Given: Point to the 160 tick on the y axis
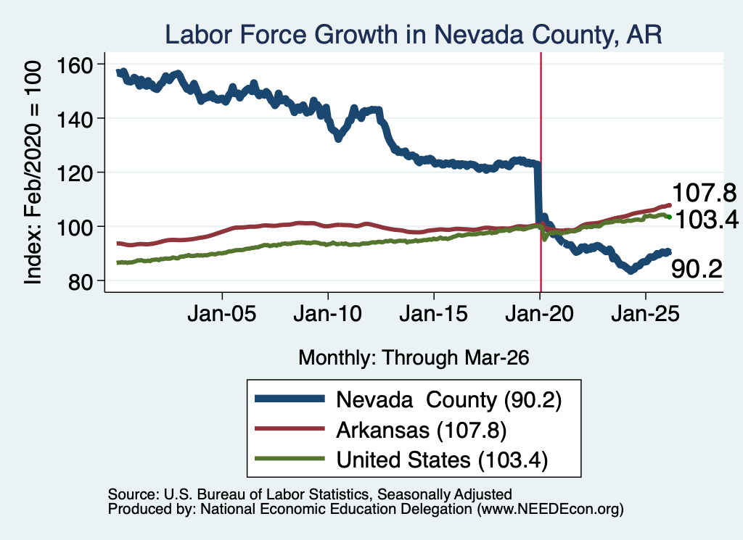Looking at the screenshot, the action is [75, 65].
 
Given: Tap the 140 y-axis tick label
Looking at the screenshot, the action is [75, 120].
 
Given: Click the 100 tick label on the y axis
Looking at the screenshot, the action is [75, 228].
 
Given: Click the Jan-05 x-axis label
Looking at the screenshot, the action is [222, 314].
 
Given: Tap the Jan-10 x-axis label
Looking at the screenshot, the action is [328, 314].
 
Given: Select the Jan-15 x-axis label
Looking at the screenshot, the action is [434, 314].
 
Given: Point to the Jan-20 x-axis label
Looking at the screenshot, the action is [540, 314].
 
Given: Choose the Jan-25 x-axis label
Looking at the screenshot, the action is [645, 314].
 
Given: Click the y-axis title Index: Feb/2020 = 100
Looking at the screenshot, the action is [33, 173].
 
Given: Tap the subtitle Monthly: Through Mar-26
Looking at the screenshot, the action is [414, 358].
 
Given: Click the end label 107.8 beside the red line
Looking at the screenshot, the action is [704, 193].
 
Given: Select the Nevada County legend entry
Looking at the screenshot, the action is [408, 400].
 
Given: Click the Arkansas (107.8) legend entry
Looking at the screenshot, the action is [380, 431].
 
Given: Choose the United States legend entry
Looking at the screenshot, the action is [401, 460].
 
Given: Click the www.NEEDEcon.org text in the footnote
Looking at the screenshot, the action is [550, 510].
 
